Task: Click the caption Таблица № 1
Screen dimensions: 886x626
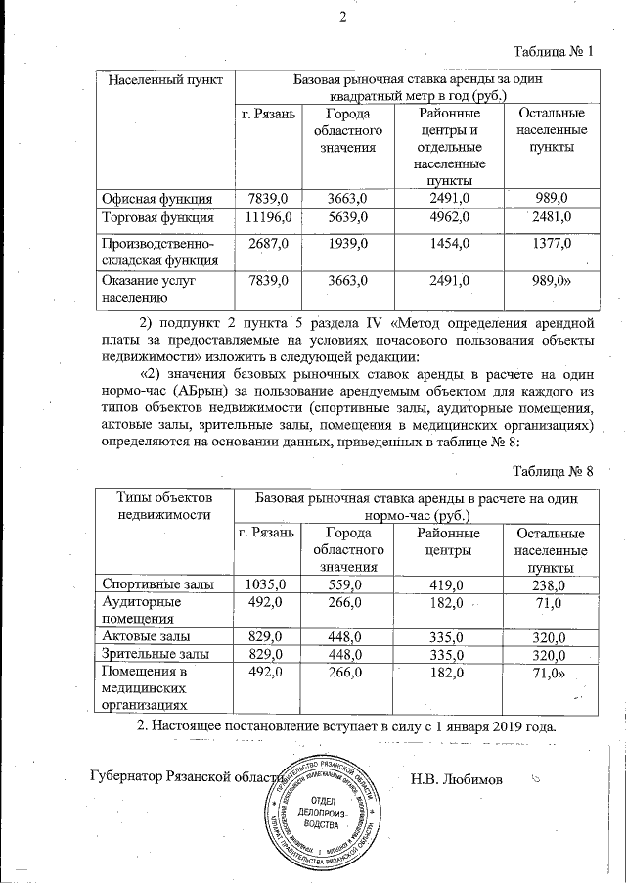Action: click(x=554, y=50)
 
